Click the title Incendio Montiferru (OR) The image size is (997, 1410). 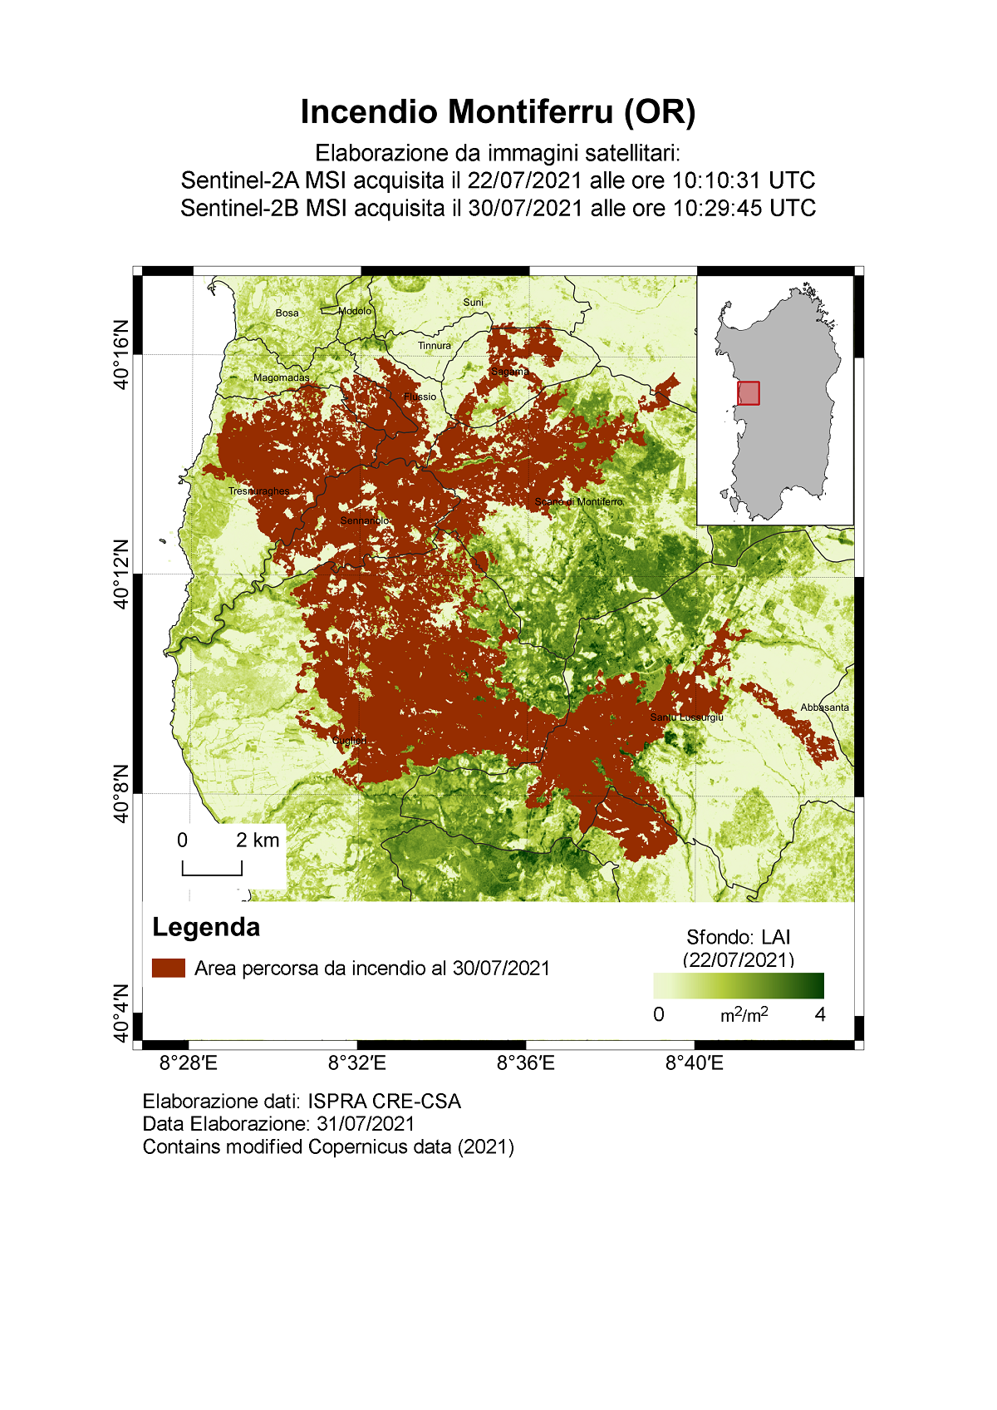498,111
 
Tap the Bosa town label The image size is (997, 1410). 287,313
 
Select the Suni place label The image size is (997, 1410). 473,303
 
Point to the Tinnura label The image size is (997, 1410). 434,346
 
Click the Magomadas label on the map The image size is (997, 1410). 281,377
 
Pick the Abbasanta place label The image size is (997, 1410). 824,707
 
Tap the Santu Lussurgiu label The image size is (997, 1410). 686,717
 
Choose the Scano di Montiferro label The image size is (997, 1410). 578,502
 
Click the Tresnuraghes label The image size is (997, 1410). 258,491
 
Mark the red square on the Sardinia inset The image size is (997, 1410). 749,393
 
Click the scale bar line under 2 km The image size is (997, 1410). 212,874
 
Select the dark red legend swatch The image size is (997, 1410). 169,968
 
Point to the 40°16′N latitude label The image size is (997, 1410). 122,353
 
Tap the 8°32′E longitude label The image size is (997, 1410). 356,1063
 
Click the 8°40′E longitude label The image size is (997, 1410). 694,1063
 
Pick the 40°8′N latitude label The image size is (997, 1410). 122,793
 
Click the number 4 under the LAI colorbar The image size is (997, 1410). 820,1014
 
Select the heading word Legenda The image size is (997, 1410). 206,927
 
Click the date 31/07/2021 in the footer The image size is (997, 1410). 366,1124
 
